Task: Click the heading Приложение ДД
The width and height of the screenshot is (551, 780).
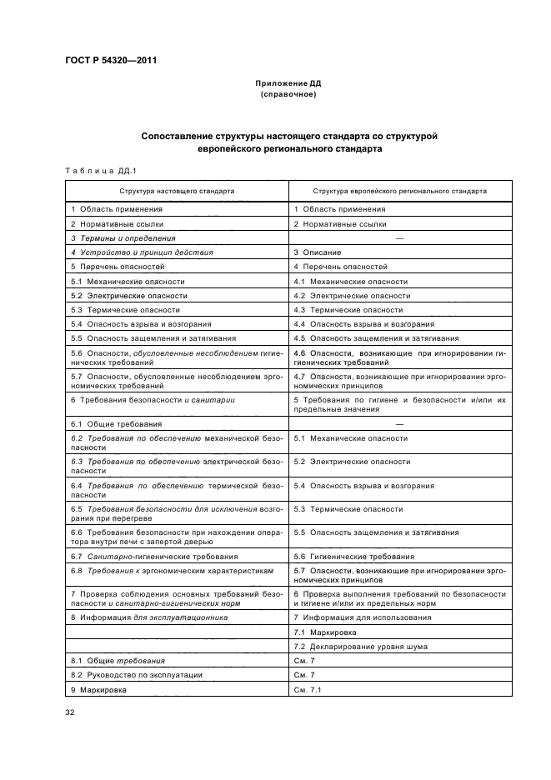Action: pyautogui.click(x=288, y=84)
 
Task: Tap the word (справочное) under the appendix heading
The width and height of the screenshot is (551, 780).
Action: pyautogui.click(x=288, y=94)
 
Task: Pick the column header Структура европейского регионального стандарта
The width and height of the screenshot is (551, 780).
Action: pyautogui.click(x=399, y=190)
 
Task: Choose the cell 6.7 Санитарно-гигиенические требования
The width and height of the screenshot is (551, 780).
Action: pyautogui.click(x=155, y=556)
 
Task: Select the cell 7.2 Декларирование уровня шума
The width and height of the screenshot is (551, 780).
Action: pyautogui.click(x=360, y=646)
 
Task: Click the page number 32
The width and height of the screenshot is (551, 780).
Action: pyautogui.click(x=70, y=712)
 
